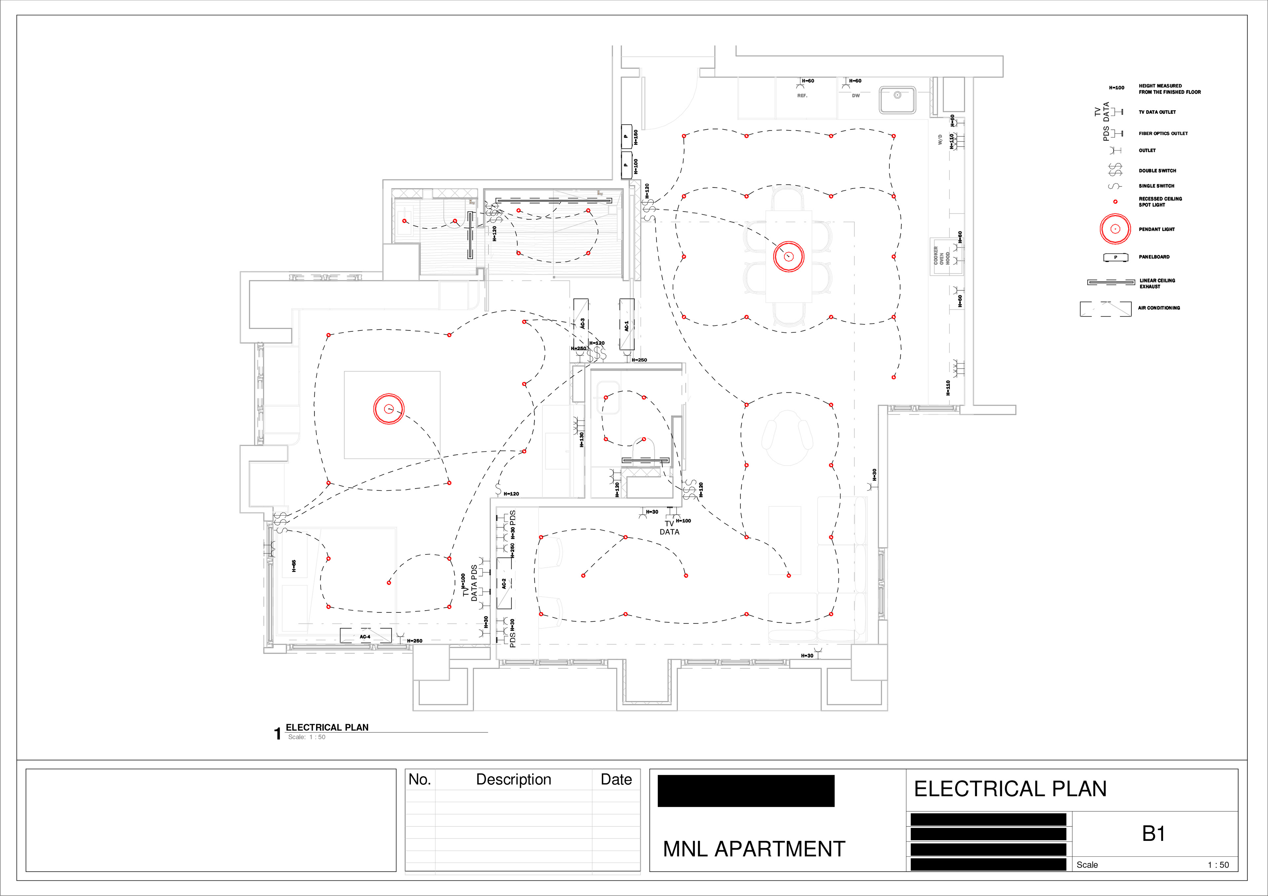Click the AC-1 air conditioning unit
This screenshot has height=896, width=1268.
click(x=626, y=325)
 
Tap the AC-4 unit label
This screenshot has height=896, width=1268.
click(x=365, y=637)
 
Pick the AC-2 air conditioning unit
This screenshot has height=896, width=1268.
click(x=504, y=583)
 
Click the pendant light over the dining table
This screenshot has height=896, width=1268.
click(x=788, y=256)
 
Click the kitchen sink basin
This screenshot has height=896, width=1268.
click(x=897, y=99)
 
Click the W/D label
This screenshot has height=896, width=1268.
click(x=940, y=139)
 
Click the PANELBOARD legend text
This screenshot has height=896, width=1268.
click(x=1154, y=257)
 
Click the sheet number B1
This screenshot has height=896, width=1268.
click(x=1153, y=834)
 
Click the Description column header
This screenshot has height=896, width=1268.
click(x=513, y=780)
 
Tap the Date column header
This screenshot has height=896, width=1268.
click(x=616, y=780)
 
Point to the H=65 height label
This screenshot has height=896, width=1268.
click(x=294, y=565)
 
